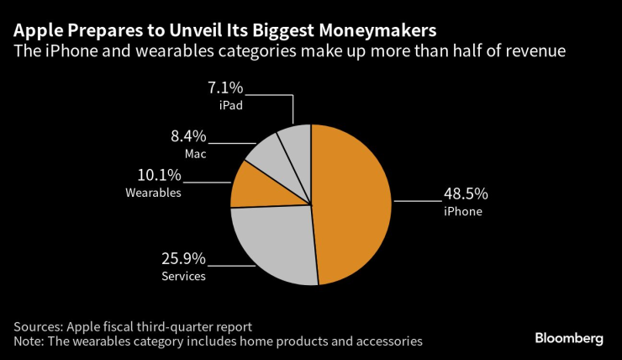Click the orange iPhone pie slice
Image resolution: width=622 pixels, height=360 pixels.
[353, 202]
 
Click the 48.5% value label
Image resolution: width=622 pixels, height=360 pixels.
[466, 194]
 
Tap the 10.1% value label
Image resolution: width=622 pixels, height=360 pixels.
[159, 175]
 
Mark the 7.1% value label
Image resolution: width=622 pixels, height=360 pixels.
[229, 88]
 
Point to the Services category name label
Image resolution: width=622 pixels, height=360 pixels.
[183, 276]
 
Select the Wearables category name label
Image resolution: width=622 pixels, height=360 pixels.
[155, 193]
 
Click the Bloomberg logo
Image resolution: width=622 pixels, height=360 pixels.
[569, 337]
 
